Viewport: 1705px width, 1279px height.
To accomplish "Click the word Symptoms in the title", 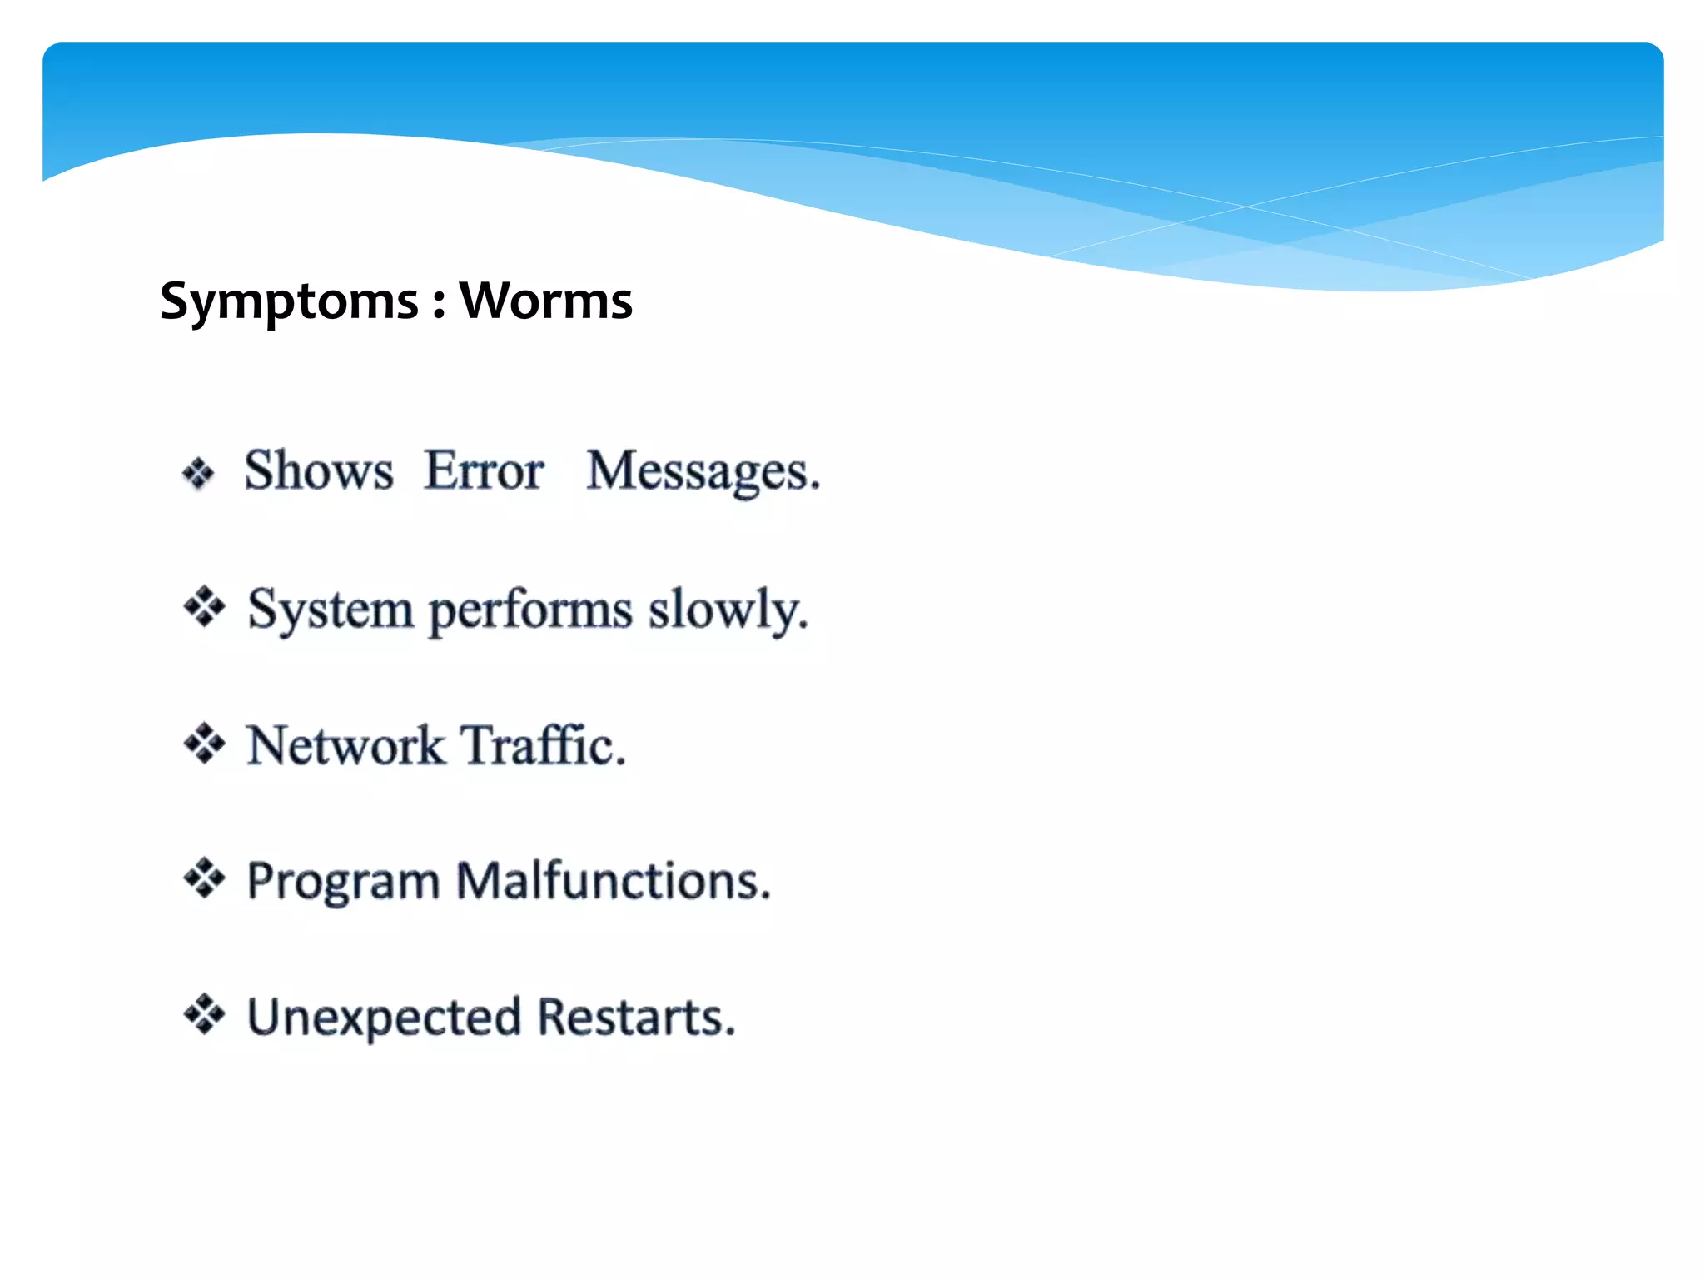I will click(289, 301).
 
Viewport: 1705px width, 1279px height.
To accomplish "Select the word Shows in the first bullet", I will click(318, 470).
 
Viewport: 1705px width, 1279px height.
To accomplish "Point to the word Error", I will click(484, 470).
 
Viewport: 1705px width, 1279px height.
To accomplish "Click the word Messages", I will click(703, 472).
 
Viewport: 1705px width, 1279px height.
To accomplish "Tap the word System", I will click(330, 610).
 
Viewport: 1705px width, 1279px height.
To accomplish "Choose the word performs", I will click(530, 612).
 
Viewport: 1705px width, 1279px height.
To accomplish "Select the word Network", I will click(345, 745).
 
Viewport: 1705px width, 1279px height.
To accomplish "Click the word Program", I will click(343, 883).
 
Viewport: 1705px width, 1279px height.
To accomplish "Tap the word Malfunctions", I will click(614, 881).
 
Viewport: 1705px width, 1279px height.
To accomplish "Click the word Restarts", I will click(636, 1018).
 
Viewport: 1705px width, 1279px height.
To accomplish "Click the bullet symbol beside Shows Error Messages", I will click(198, 474).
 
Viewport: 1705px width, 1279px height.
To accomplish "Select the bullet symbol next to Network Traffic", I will click(204, 743).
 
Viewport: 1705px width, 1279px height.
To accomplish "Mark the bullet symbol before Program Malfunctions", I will click(204, 878).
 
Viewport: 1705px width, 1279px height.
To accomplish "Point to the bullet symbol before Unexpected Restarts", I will click(204, 1014).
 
